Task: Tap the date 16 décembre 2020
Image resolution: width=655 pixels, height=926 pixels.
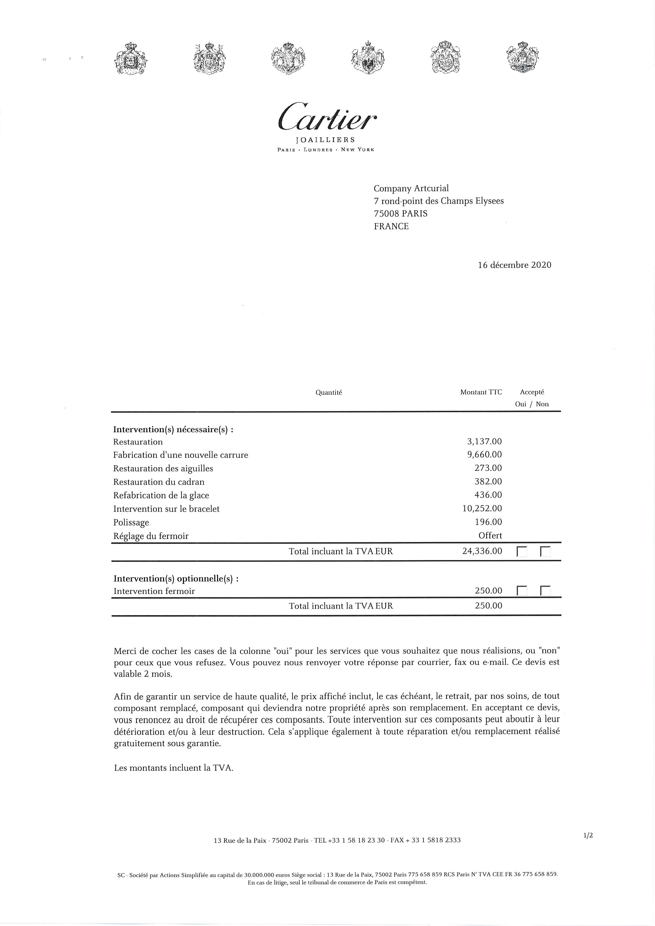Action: point(514,265)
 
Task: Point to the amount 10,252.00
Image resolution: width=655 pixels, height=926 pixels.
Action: point(482,509)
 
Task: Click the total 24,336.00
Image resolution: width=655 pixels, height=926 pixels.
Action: point(482,551)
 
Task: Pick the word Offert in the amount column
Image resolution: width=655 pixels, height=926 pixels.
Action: point(490,535)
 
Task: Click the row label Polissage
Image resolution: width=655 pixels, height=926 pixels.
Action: point(131,523)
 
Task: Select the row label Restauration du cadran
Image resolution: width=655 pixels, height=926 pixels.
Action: point(158,482)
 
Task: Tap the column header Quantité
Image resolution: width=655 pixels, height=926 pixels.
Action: point(329,392)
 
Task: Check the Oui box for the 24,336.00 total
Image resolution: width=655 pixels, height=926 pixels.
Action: point(522,552)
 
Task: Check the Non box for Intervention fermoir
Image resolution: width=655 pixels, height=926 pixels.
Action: point(545,591)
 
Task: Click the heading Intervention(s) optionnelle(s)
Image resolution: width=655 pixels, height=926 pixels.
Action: point(176,579)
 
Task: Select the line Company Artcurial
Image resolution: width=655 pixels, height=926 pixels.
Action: point(411,188)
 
